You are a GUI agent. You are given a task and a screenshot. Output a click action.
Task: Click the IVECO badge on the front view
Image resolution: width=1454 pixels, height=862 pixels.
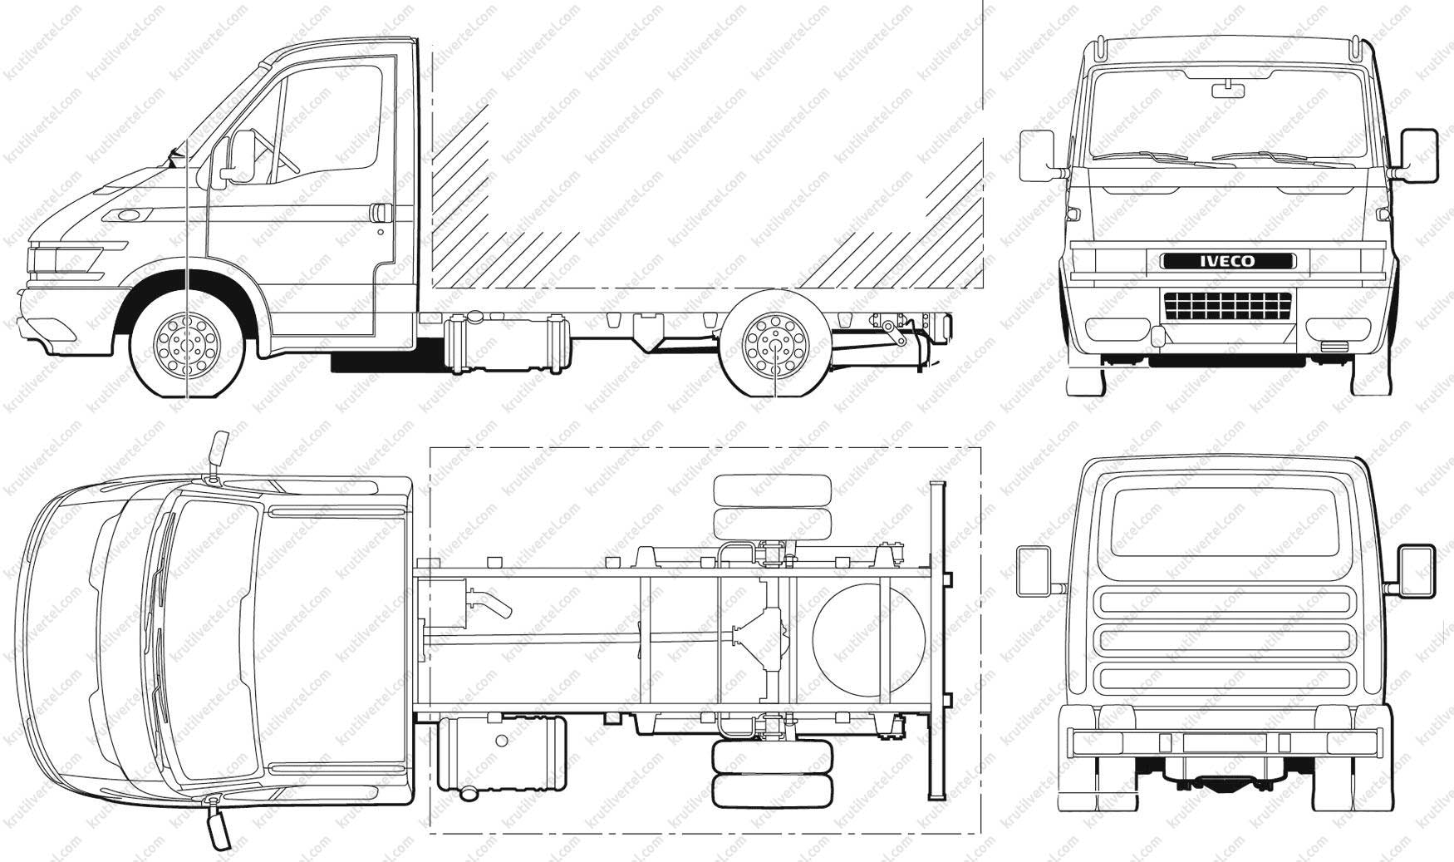tap(1226, 260)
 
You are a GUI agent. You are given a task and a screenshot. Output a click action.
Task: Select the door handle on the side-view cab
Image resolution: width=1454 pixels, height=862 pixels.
tap(382, 214)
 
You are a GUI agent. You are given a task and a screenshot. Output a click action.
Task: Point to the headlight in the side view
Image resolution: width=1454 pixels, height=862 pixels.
tap(66, 259)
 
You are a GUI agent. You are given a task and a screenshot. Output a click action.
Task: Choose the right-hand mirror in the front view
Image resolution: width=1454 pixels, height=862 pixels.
tap(1418, 155)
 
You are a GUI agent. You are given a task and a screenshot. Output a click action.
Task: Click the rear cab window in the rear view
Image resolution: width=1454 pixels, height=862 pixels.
tap(1225, 521)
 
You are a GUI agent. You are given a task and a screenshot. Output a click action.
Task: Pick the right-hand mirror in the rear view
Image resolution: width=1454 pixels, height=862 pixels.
tap(1417, 570)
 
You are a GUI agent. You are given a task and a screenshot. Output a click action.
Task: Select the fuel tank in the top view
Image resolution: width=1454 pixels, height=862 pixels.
tap(502, 753)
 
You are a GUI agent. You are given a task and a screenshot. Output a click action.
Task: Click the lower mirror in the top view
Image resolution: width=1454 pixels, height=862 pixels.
tap(219, 823)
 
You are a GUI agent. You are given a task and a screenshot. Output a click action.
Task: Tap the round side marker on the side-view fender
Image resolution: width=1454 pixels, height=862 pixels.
tap(129, 216)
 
